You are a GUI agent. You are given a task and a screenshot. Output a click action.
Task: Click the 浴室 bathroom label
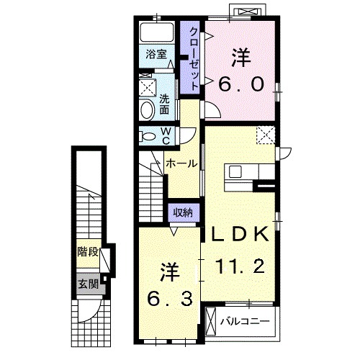tap(156, 54)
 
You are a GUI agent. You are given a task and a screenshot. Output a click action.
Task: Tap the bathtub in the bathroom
tap(157, 32)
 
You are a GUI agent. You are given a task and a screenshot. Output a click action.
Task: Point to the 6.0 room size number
tap(241, 84)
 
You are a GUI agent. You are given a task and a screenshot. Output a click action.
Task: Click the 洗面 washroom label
tap(164, 104)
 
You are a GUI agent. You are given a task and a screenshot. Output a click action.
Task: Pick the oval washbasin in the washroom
tap(147, 110)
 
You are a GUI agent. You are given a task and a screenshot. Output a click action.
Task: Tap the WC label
tap(166, 136)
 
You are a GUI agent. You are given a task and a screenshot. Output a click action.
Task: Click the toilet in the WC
tap(147, 136)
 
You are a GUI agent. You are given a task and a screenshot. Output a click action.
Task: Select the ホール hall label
tap(181, 163)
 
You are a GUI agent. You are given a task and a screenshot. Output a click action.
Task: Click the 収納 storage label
tap(184, 212)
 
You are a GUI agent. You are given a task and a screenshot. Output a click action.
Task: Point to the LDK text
tap(240, 234)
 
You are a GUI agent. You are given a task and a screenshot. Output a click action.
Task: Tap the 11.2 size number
tap(240, 266)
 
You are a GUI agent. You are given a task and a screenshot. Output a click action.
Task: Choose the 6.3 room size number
tap(169, 298)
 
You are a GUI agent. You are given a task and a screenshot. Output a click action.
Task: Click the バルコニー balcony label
tap(245, 321)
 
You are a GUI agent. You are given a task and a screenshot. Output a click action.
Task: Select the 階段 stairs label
tap(88, 252)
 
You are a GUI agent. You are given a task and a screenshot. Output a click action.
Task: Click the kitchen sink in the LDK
tap(234, 171)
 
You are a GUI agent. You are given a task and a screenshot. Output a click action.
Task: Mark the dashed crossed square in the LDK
tap(266, 135)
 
